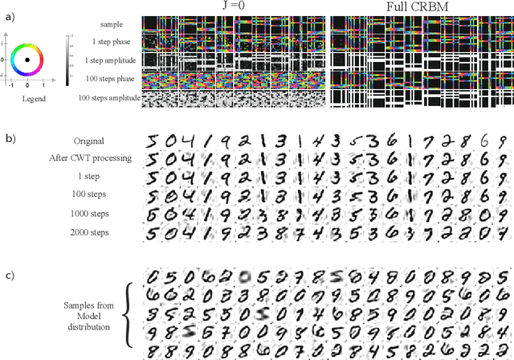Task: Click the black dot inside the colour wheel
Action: coord(28,59)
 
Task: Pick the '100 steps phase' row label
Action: coord(115,79)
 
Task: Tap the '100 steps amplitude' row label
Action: coord(110,98)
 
